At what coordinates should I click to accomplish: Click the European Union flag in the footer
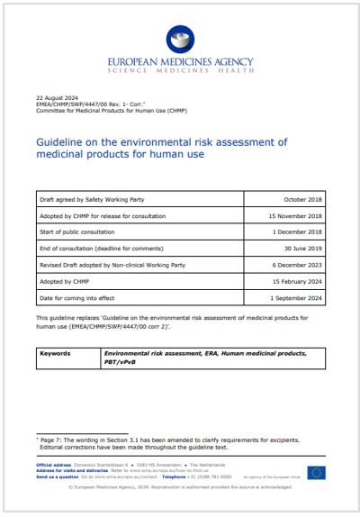pyautogui.click(x=316, y=472)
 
